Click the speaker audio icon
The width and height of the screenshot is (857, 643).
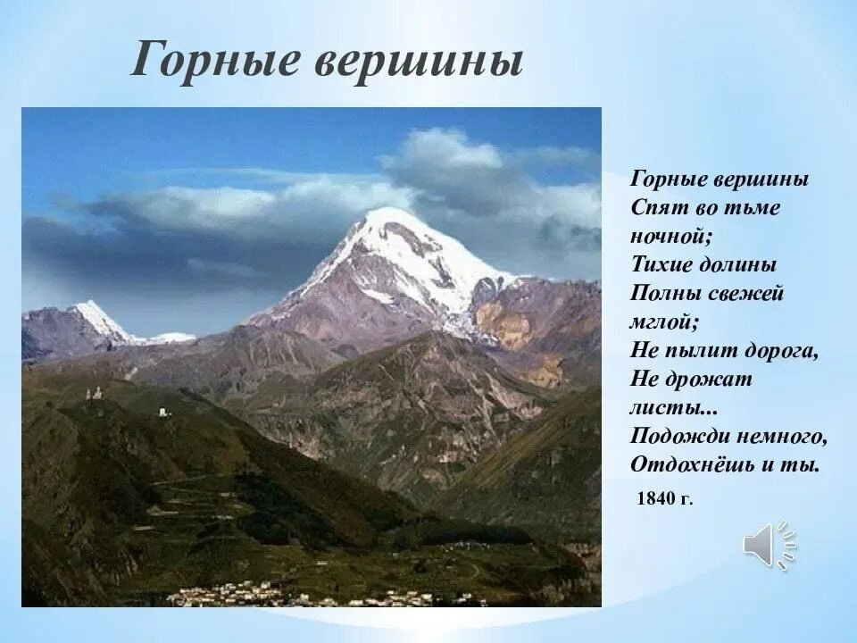[x=770, y=545]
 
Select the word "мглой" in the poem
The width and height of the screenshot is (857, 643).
[x=661, y=322]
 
